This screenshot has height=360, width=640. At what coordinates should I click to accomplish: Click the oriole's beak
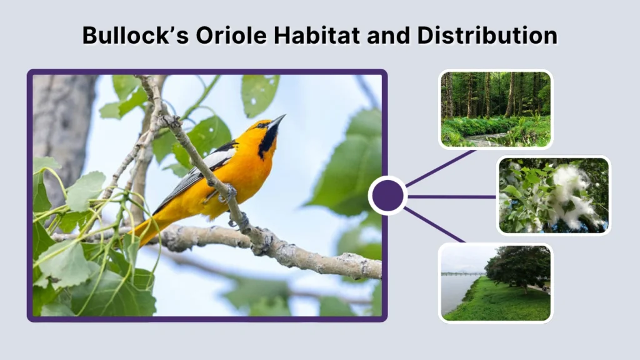click(277, 120)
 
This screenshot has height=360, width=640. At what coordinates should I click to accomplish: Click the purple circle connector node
click(387, 196)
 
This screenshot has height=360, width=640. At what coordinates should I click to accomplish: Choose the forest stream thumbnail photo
click(496, 109)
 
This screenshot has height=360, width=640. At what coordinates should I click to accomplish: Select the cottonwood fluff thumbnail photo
click(553, 195)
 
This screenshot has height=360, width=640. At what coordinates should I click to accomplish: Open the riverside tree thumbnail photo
click(496, 282)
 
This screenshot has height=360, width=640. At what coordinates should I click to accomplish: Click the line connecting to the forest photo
click(440, 168)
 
